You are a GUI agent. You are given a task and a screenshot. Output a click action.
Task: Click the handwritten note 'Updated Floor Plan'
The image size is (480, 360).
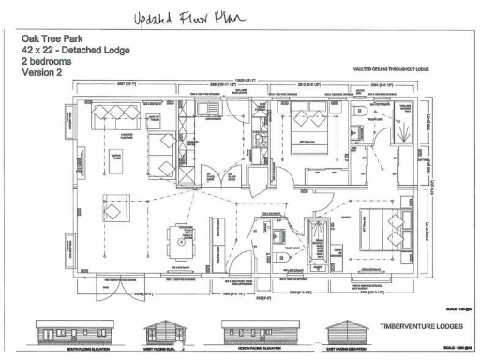click(x=191, y=20)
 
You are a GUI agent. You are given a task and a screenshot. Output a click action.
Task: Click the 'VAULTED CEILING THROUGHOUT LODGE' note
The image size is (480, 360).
click(x=389, y=68)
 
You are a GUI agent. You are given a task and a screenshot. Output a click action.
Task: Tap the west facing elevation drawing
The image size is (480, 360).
click(x=161, y=335)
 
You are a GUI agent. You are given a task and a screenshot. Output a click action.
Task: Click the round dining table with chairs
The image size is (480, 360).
click(x=178, y=234)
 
